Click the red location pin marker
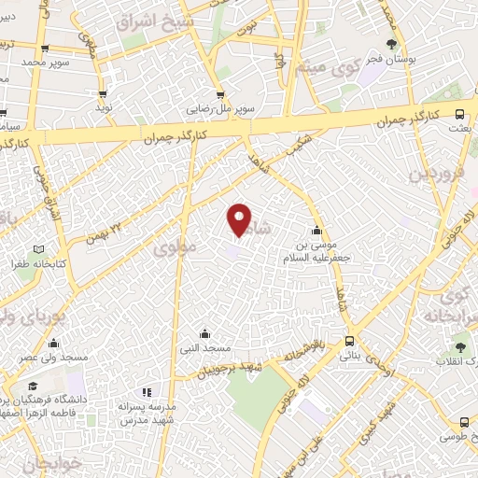click(x=240, y=219)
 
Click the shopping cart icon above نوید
click(x=102, y=93)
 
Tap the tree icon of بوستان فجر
click(x=391, y=43)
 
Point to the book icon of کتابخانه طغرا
click(x=38, y=249)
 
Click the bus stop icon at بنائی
click(x=349, y=342)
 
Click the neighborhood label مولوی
click(x=176, y=249)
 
